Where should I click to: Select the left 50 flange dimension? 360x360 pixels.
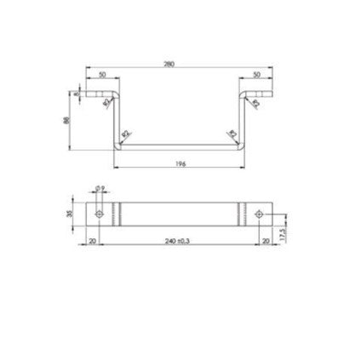(x=102, y=75)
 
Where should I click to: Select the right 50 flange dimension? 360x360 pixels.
(x=258, y=75)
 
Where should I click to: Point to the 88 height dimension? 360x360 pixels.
(x=66, y=120)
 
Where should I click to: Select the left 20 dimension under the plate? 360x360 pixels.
(x=93, y=241)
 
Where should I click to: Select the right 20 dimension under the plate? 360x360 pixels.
(x=266, y=241)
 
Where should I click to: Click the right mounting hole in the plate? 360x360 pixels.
(x=260, y=214)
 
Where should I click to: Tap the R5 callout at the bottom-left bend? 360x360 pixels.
(x=126, y=134)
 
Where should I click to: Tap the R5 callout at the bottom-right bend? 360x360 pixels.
(x=231, y=134)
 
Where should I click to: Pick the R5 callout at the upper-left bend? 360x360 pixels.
(x=106, y=102)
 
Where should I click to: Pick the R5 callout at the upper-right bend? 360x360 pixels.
(x=253, y=102)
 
